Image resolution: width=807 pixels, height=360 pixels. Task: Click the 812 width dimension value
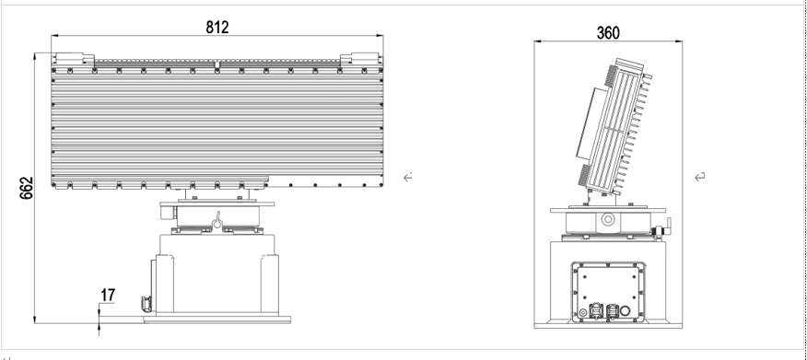tap(217, 28)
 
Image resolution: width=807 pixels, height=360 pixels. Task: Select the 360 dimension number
tap(608, 33)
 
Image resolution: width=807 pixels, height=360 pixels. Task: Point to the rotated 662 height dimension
tap(26, 188)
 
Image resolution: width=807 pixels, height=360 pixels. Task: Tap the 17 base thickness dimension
tap(108, 296)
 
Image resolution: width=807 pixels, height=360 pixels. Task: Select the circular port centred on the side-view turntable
tap(608, 220)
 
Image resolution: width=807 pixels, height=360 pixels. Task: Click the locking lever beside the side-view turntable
tap(663, 228)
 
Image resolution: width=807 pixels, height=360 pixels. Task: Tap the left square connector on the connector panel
tap(595, 311)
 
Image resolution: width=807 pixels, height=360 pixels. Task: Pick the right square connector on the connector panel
tap(612, 311)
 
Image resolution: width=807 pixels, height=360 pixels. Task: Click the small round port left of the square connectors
tap(583, 313)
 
